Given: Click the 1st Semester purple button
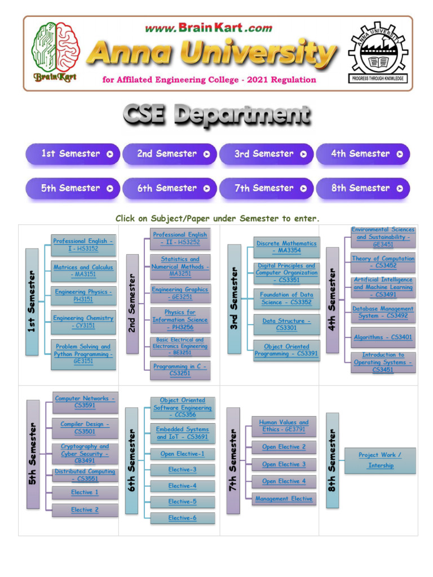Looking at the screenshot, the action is (72, 154).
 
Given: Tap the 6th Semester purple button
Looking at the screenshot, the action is (169, 189).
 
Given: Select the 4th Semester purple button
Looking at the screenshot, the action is (363, 154).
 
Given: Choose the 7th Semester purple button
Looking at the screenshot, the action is (266, 189).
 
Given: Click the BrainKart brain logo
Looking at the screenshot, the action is (55, 52).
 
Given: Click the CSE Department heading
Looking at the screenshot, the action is (216, 116).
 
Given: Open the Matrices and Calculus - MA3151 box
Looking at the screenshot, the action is (83, 270).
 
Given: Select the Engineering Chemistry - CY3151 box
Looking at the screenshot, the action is (83, 322).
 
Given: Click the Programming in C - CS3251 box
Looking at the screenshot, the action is (180, 370).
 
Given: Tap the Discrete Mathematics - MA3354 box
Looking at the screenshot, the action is (286, 247).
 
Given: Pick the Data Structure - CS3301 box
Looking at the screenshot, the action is (286, 324).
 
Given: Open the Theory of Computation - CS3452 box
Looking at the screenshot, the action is (383, 262).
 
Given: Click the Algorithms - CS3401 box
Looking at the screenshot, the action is (383, 337).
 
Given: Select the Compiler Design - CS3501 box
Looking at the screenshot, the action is (85, 428).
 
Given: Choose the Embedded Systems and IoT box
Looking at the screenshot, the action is (182, 433).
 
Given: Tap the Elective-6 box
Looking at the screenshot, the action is (182, 518).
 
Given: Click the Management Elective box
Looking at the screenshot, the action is (284, 499).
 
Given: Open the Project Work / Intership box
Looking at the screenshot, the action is (381, 460).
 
